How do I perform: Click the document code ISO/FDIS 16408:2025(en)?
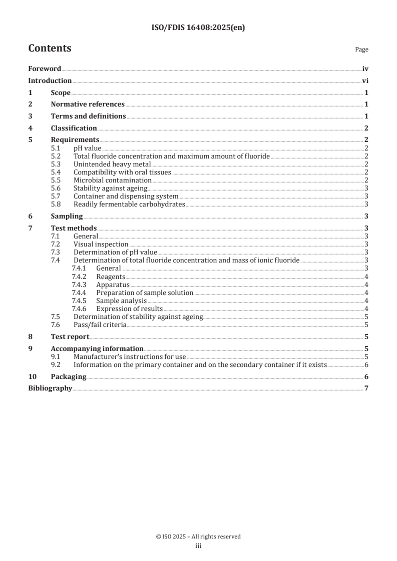(x=198, y=28)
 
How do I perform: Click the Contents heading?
(x=50, y=48)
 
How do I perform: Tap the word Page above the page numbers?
(x=361, y=49)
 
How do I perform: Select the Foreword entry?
(x=45, y=69)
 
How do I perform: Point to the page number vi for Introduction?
(x=365, y=80)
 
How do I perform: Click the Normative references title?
(x=88, y=104)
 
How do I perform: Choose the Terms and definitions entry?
(x=88, y=116)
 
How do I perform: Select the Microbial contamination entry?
(x=112, y=180)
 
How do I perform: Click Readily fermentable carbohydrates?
(x=129, y=204)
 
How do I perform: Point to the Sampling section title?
(x=67, y=216)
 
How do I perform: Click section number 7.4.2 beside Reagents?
(x=79, y=276)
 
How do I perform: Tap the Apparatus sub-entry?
(x=112, y=284)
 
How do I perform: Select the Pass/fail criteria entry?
(x=100, y=324)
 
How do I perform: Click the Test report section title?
(x=70, y=336)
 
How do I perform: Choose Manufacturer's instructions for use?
(x=130, y=356)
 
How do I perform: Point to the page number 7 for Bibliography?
(x=366, y=388)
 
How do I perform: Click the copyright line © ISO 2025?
(x=198, y=536)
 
